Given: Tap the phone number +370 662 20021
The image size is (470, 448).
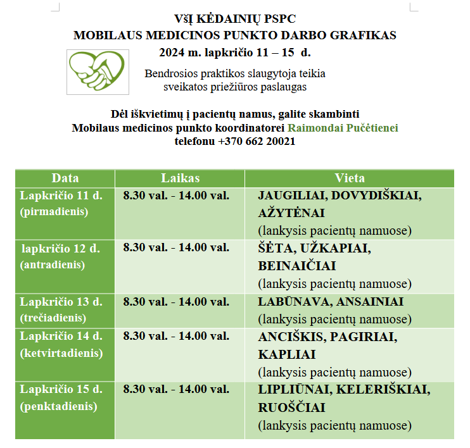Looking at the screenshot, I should (256, 142).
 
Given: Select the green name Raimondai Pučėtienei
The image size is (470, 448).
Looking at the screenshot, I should (343, 128).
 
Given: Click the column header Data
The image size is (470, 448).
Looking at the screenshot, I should (65, 178).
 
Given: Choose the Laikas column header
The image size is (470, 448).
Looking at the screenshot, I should (180, 178).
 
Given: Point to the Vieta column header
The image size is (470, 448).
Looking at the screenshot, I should (350, 178).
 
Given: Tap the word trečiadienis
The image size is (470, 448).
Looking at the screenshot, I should (53, 318).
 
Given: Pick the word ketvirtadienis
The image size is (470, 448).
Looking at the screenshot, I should (61, 353).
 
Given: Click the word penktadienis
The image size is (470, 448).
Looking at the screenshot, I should (59, 406).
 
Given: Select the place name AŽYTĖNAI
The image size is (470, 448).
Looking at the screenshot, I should (291, 213).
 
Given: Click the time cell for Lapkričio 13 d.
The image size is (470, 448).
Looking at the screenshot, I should (176, 302).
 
